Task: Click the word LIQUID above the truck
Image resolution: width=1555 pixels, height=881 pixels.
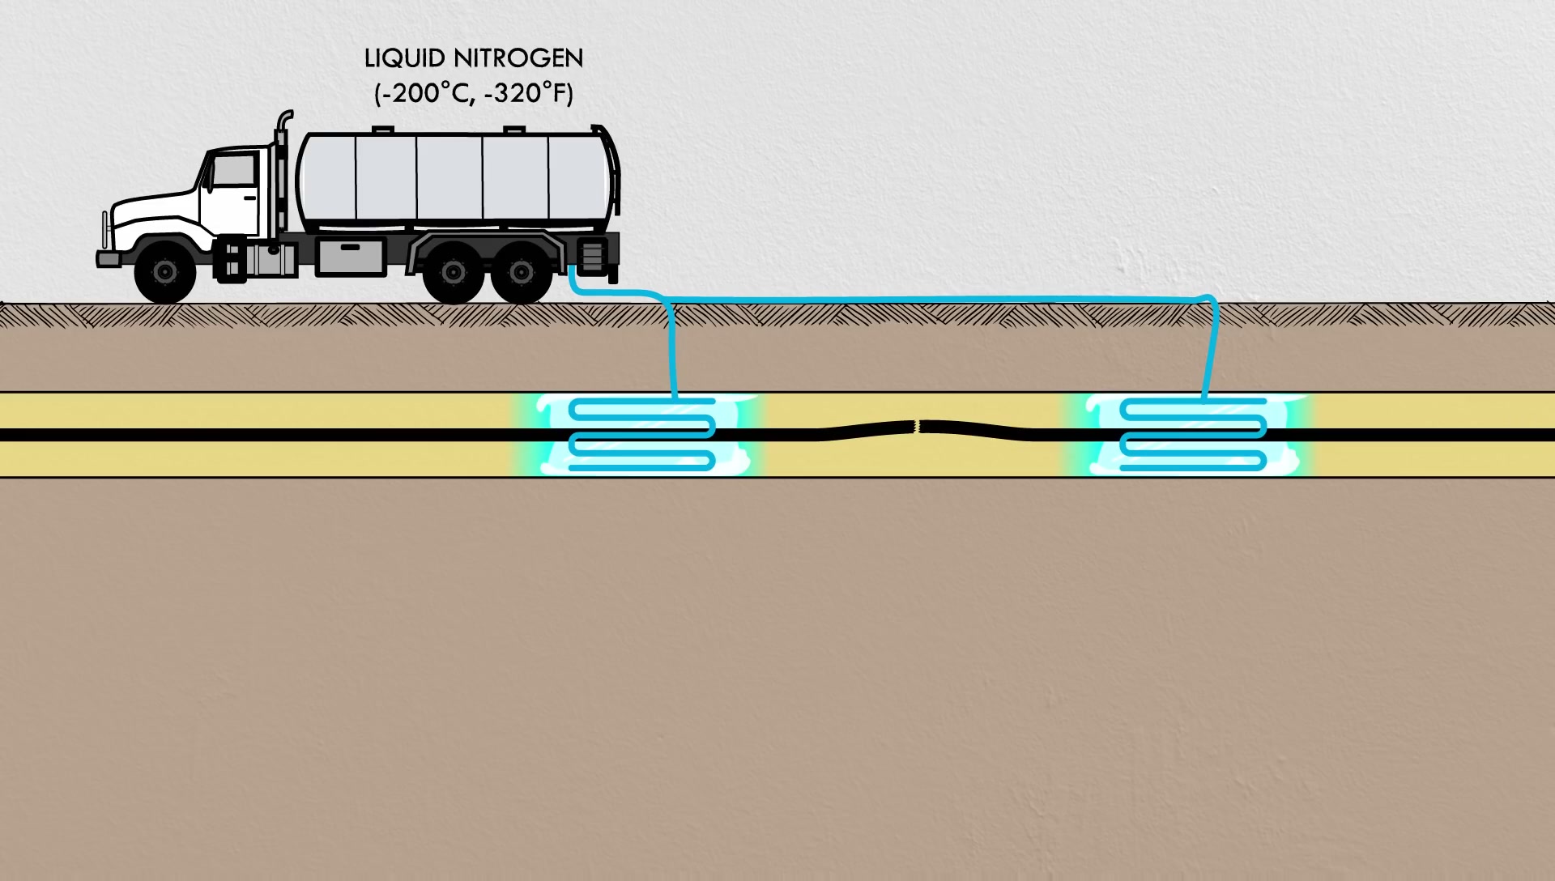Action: pyautogui.click(x=404, y=59)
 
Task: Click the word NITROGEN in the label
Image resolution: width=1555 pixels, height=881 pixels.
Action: pyautogui.click(x=518, y=59)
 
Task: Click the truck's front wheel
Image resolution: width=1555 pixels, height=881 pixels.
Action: pyautogui.click(x=165, y=271)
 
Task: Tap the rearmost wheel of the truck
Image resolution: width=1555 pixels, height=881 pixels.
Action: pyautogui.click(x=522, y=272)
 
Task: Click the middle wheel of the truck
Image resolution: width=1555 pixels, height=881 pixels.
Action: pyautogui.click(x=454, y=272)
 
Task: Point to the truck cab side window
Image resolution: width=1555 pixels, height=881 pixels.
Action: pyautogui.click(x=234, y=170)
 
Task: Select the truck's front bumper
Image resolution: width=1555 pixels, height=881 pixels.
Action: pyautogui.click(x=109, y=259)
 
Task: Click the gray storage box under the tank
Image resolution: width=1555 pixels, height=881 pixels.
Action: pyautogui.click(x=350, y=257)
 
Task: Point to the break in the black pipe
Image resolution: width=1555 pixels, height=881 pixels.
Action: pyautogui.click(x=917, y=426)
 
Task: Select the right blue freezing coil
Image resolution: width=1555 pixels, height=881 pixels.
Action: pyautogui.click(x=1193, y=434)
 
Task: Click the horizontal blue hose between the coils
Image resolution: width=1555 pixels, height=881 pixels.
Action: pyautogui.click(x=931, y=300)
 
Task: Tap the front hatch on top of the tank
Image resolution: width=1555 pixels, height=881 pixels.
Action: pyautogui.click(x=383, y=130)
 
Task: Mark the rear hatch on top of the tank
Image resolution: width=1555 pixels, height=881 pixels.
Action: pyautogui.click(x=514, y=130)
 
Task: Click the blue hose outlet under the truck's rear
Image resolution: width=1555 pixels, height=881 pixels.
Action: pyautogui.click(x=572, y=275)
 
